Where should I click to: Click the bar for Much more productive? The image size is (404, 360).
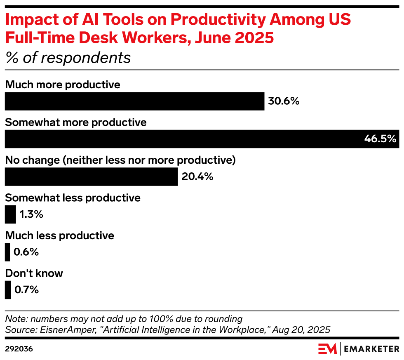[x=134, y=101]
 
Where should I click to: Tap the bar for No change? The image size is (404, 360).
[x=91, y=176]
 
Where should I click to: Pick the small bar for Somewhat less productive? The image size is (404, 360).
[x=10, y=214]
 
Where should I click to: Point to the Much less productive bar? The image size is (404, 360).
[x=7, y=252]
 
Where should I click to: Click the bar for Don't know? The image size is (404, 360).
[x=8, y=290]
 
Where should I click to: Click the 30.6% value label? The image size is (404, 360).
[x=283, y=101]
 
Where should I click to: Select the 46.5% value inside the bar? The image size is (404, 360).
[x=380, y=139]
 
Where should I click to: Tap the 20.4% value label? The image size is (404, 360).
[x=197, y=177]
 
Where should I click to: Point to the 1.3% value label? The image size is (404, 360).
[x=31, y=214]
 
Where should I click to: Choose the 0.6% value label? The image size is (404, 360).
[x=26, y=252]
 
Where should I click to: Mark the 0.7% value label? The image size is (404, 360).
[x=27, y=290]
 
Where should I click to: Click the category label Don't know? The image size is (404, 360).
[x=34, y=273]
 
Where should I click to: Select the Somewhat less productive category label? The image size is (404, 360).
[x=73, y=198]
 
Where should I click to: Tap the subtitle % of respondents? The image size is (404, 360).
[x=68, y=58]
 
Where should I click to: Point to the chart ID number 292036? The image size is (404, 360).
[x=19, y=349]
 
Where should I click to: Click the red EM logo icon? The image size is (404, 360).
[x=327, y=349]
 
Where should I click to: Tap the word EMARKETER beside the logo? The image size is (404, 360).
[x=371, y=349]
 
